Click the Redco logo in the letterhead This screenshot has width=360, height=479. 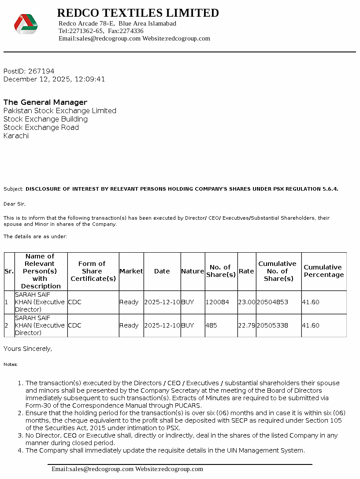tap(26, 24)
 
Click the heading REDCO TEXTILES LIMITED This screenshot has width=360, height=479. tap(138, 13)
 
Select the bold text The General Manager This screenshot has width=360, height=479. tap(45, 102)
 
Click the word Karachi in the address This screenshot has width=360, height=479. tap(16, 136)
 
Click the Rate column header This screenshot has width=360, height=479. tap(246, 271)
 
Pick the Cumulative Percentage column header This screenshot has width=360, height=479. tap(323, 271)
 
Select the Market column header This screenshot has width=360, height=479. tap(131, 271)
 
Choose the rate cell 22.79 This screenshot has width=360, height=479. tap(246, 325)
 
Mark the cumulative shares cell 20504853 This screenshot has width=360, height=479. tap(272, 302)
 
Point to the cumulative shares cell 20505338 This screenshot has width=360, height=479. tap(272, 325)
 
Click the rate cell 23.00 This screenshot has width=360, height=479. tap(246, 302)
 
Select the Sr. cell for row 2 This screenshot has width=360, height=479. tap(6, 325)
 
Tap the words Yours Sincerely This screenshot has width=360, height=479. tap(28, 349)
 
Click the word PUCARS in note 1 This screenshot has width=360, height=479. tap(187, 405)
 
